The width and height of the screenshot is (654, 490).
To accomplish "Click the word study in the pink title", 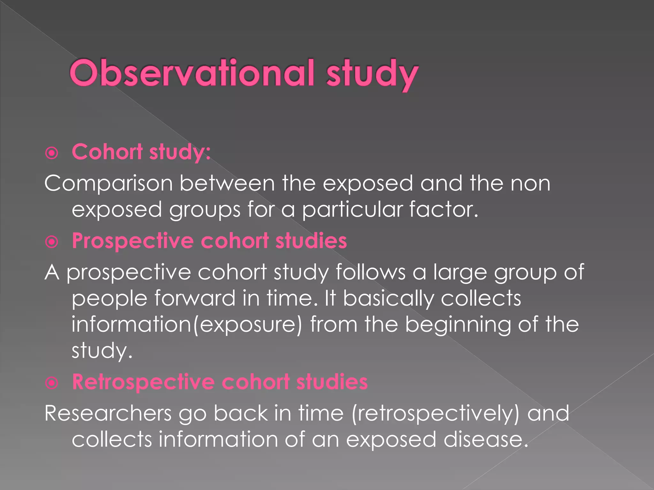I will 372,74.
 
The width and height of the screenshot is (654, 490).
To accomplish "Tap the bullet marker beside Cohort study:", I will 52,153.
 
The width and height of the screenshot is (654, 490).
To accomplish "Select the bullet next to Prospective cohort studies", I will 52,242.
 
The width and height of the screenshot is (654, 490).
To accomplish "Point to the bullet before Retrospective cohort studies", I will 52,383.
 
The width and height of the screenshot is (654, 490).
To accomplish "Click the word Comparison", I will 108,184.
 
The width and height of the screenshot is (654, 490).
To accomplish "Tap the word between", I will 227,183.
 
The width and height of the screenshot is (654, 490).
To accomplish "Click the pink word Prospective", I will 133,241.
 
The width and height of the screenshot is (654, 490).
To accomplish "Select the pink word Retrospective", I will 143,382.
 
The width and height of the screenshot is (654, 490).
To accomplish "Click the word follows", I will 370,272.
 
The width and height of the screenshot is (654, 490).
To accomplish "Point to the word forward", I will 195,298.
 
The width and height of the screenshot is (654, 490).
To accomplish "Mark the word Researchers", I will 108,413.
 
